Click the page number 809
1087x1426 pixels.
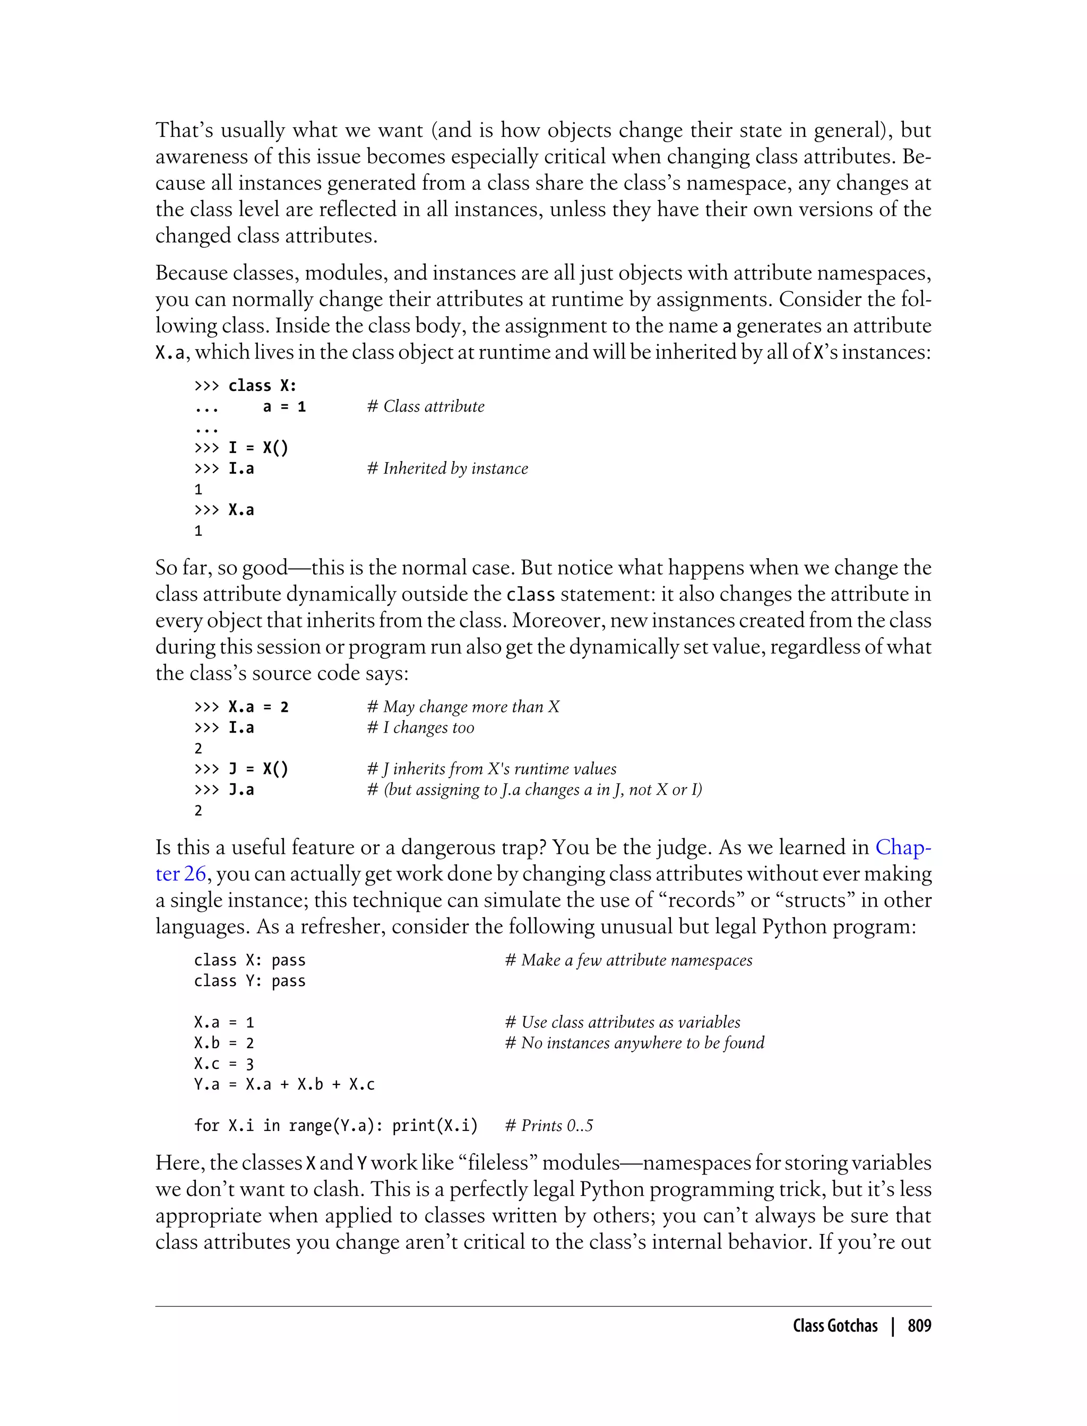(919, 1326)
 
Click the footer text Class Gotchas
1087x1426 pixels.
(835, 1326)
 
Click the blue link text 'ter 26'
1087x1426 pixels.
(180, 874)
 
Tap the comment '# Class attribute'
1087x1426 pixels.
(425, 407)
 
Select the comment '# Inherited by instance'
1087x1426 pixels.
(447, 469)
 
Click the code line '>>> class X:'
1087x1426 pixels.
(245, 386)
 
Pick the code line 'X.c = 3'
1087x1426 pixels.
(223, 1064)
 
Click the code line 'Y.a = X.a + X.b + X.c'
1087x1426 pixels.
(284, 1084)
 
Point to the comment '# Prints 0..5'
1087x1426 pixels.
(549, 1126)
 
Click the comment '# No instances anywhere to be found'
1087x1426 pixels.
(634, 1043)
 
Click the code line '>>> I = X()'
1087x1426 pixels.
(240, 448)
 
